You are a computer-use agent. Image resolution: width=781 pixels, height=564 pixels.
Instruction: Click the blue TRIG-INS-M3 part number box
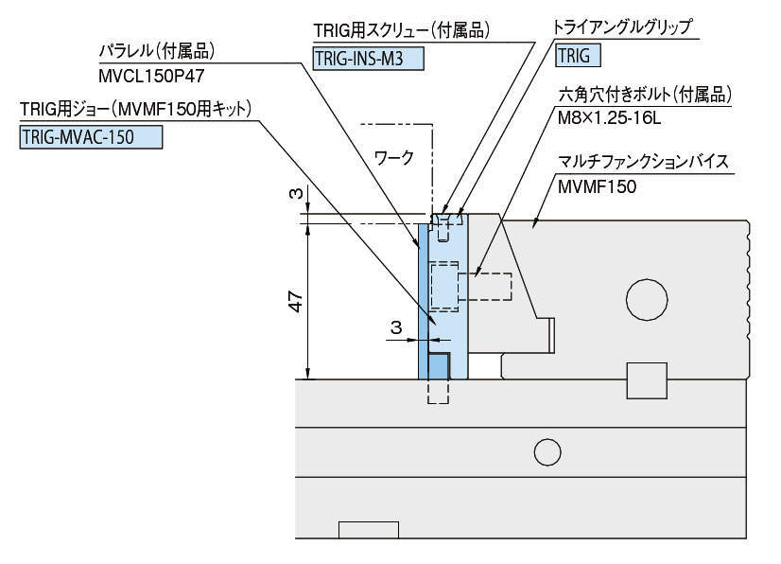pos(368,59)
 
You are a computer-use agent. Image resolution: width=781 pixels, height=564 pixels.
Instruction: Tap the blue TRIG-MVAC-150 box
pos(91,137)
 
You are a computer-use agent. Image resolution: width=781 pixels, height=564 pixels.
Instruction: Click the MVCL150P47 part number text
pos(152,72)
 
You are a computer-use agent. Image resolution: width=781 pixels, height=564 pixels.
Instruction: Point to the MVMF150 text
pos(598,187)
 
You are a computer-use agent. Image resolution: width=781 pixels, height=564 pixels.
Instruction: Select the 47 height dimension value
pos(296,302)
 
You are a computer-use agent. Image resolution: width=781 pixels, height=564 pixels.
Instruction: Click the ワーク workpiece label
pos(393,158)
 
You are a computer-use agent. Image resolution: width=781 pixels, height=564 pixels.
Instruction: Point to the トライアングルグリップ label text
pos(625,27)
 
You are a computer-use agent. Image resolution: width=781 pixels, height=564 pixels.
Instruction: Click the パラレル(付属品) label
pos(160,48)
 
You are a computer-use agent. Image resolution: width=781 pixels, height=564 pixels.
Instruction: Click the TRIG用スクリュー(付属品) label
pos(401,30)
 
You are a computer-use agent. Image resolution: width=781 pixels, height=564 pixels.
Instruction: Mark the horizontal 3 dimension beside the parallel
pos(397,327)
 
